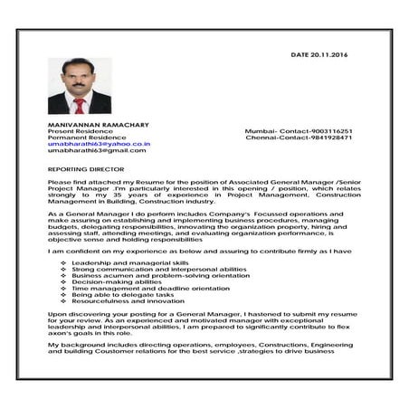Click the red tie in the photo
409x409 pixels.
[80, 104]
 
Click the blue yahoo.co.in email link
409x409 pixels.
[99, 144]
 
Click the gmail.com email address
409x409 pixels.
[97, 151]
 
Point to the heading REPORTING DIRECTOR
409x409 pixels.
[86, 168]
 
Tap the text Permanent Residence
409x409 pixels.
[84, 138]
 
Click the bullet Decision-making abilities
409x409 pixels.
[116, 281]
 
